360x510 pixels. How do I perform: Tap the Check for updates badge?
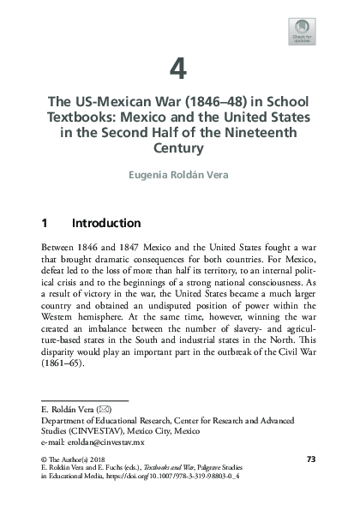pos(302,32)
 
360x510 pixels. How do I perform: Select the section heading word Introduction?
pos(106,224)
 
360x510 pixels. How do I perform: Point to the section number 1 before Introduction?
pos(45,224)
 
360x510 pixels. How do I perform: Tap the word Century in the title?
pos(179,147)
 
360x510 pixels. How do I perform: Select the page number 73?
pos(311,460)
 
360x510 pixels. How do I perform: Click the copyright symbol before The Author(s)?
pos(45,460)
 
